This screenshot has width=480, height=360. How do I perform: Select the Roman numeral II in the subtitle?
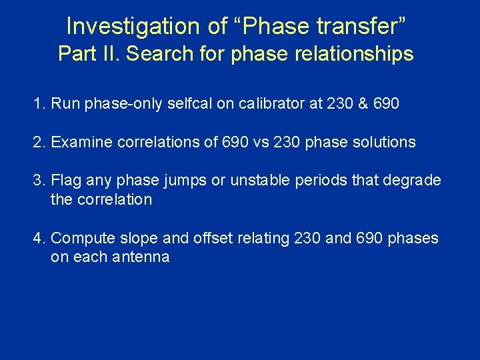[110, 53]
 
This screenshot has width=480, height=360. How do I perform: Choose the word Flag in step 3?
[65, 181]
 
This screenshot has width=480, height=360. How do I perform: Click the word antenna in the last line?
[143, 257]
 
